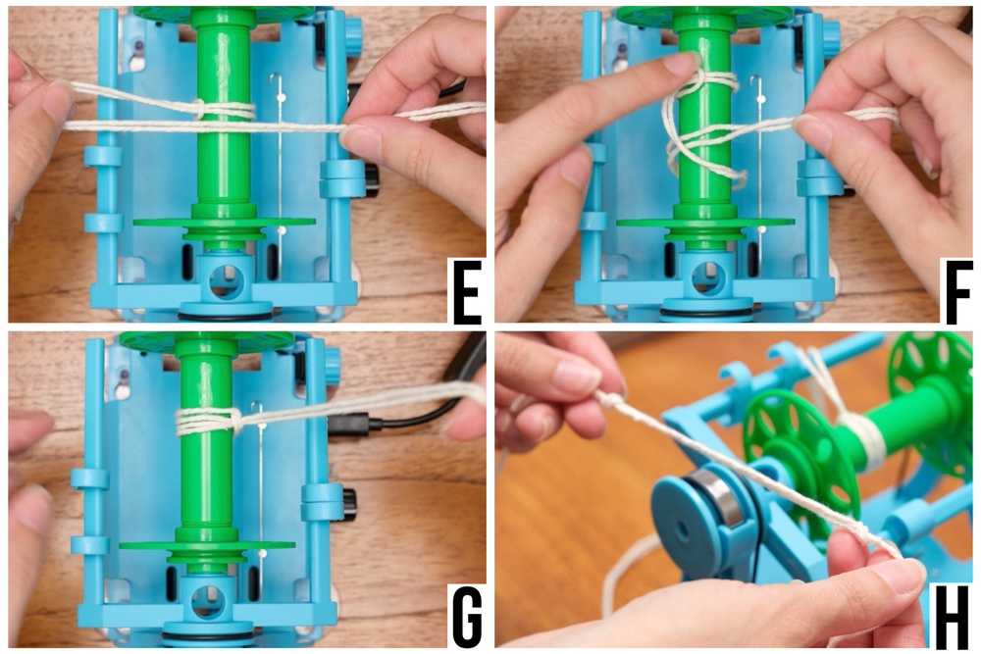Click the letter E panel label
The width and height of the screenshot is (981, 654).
(x=466, y=292)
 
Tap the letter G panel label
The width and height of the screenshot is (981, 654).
(x=466, y=617)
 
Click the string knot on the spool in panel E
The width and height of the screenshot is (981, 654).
(x=198, y=109)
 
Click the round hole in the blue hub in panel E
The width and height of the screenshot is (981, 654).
(x=225, y=278)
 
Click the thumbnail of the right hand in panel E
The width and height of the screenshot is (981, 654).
(x=361, y=140)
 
